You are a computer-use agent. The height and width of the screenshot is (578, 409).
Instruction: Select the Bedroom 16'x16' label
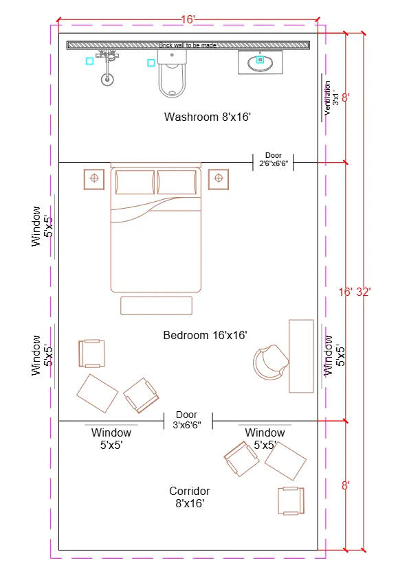(205, 335)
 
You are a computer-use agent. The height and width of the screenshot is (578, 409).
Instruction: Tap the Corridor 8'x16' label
(190, 497)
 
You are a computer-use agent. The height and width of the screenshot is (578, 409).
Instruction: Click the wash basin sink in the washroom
(260, 62)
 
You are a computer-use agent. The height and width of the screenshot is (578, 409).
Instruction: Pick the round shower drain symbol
(107, 79)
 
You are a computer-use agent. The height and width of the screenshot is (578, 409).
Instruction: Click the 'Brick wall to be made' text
(188, 45)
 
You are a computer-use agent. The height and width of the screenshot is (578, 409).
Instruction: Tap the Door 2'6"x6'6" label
(274, 160)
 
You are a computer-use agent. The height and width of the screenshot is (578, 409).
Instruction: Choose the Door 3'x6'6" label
(187, 420)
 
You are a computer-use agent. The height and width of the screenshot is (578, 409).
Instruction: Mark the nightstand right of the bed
(219, 179)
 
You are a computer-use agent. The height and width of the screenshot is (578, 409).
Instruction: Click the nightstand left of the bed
(93, 179)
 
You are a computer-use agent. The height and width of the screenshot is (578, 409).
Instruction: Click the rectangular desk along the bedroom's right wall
(301, 356)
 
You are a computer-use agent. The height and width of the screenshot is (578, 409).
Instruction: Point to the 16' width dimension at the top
(188, 20)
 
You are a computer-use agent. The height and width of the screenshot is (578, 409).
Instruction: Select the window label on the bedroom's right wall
(333, 355)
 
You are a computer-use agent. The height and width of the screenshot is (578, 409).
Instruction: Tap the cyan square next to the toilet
(151, 63)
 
